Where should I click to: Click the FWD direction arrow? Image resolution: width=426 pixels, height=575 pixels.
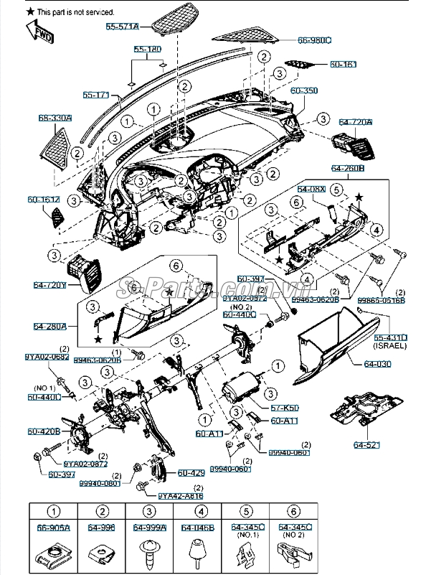pyautogui.click(x=36, y=30)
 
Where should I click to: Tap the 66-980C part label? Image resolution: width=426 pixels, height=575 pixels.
pyautogui.click(x=314, y=40)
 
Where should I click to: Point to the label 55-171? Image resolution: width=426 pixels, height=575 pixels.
pyautogui.click(x=96, y=94)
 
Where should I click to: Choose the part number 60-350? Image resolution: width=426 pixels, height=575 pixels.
pyautogui.click(x=303, y=91)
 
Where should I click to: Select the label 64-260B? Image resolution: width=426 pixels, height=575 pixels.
pyautogui.click(x=348, y=167)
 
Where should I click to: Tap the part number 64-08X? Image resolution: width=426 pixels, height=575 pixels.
pyautogui.click(x=311, y=188)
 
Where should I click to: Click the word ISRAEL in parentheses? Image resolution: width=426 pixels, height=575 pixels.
pyautogui.click(x=389, y=346)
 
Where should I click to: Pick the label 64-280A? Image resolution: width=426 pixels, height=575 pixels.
pyautogui.click(x=49, y=326)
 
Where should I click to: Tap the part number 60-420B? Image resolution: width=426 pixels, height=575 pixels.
pyautogui.click(x=44, y=431)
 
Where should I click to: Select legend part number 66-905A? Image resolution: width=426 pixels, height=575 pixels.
pyautogui.click(x=53, y=528)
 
